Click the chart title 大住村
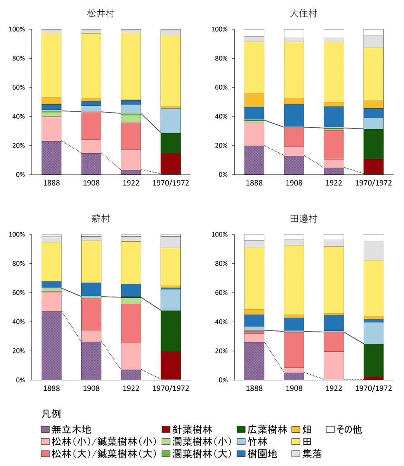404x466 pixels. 303,14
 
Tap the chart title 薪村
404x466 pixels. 101,219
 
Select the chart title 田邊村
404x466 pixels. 303,219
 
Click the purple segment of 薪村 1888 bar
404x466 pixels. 52,346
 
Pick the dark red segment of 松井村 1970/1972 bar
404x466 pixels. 171,163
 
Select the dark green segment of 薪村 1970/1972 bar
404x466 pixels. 171,331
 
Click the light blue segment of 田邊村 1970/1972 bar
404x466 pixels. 373,333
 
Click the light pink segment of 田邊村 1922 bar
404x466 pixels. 334,365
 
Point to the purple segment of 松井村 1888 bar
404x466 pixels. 52,158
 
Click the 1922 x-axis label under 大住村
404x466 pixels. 333,183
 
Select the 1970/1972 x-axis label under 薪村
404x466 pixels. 171,388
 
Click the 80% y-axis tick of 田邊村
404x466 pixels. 219,264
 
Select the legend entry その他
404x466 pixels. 349,429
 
